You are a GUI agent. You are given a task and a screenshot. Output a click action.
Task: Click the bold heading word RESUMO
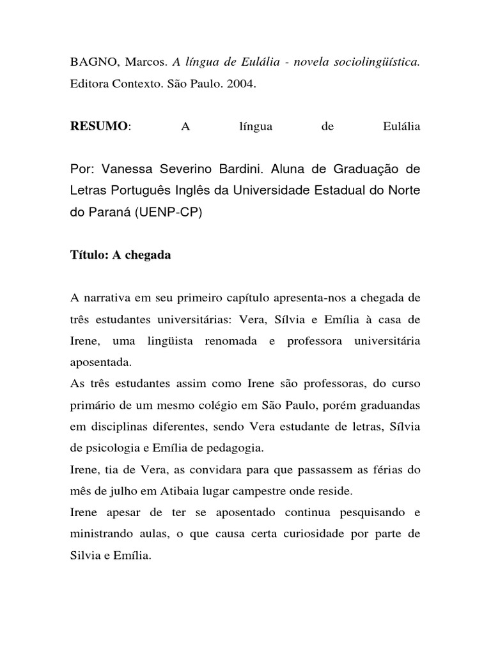(99, 126)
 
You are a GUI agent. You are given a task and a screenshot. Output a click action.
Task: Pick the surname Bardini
(236, 169)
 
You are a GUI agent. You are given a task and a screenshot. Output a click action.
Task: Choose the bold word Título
(88, 255)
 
